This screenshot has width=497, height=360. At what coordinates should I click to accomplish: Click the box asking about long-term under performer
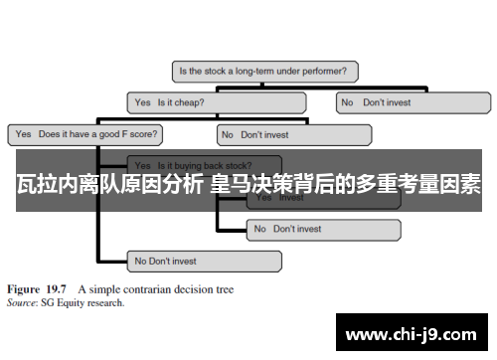[265, 72]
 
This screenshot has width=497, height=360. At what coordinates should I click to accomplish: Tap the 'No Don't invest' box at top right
[413, 101]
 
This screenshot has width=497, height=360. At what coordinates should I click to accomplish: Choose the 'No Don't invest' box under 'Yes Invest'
[323, 229]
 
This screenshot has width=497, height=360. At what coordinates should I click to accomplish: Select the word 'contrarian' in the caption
[153, 290]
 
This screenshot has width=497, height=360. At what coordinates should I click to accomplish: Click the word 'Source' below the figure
[21, 302]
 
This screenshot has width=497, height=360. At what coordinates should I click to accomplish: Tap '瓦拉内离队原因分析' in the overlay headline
[109, 186]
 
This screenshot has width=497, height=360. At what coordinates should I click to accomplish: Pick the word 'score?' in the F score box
[143, 133]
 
